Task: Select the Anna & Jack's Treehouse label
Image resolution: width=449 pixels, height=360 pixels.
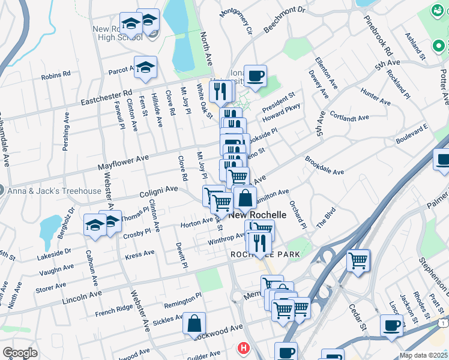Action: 55,191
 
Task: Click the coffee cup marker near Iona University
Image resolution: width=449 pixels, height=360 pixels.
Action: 255,76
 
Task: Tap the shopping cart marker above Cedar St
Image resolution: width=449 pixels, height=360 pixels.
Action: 358,260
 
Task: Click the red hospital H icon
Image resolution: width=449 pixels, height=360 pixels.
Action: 243,347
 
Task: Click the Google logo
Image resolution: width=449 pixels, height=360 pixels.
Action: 20,353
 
